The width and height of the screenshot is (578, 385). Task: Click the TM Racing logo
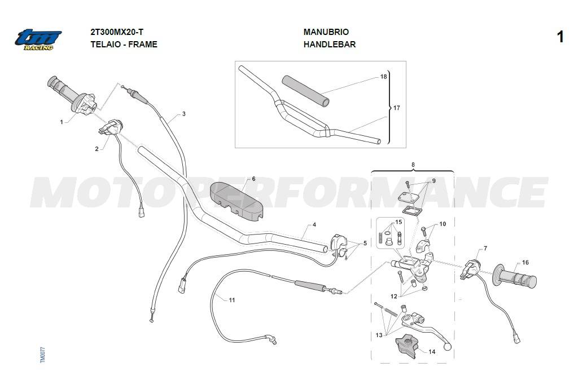[x=38, y=39]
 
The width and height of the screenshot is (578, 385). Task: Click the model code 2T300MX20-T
[x=117, y=32]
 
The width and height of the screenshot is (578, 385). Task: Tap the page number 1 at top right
[x=560, y=37]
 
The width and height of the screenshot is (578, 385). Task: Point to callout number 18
[x=383, y=77]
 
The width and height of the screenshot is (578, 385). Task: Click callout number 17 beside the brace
[x=397, y=108]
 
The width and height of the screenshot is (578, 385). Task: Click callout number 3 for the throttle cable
[x=183, y=114]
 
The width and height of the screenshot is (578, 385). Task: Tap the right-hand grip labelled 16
[x=515, y=276]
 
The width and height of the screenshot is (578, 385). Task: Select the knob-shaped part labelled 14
[x=406, y=346]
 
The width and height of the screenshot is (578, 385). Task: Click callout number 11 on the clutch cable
[x=232, y=300]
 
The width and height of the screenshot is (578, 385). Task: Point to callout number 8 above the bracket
[x=413, y=165]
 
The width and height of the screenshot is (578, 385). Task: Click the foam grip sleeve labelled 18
[x=305, y=91]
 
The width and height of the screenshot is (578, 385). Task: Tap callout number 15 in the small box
[x=399, y=222]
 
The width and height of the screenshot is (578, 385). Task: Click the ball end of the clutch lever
[x=448, y=346]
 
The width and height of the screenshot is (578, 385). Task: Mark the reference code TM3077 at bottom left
[x=42, y=355]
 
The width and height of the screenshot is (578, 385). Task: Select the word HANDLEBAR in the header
[x=330, y=45]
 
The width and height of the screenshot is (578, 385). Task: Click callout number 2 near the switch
[x=97, y=149]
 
